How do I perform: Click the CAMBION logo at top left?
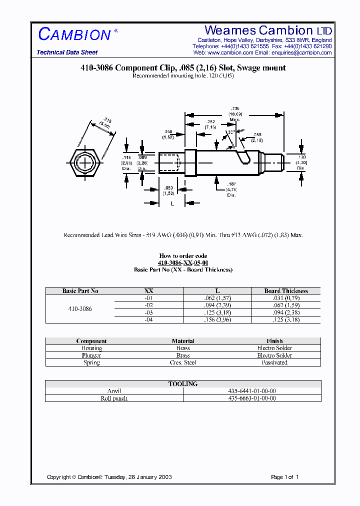coord(74,34)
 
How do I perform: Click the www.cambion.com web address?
coord(230,52)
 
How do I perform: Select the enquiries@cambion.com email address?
coord(301,52)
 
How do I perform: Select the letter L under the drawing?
coord(172,203)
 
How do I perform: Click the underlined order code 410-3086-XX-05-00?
coord(183,263)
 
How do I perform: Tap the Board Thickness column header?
coord(286,291)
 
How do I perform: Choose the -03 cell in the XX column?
coord(148,312)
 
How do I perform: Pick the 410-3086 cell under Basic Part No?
coord(80,309)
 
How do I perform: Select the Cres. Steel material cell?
coord(183,362)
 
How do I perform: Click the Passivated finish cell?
coord(274,362)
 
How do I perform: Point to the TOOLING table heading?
coord(183,384)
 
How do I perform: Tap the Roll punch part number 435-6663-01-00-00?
coord(251,398)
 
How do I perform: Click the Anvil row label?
coord(114,391)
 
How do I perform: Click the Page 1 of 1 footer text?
coord(284,477)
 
